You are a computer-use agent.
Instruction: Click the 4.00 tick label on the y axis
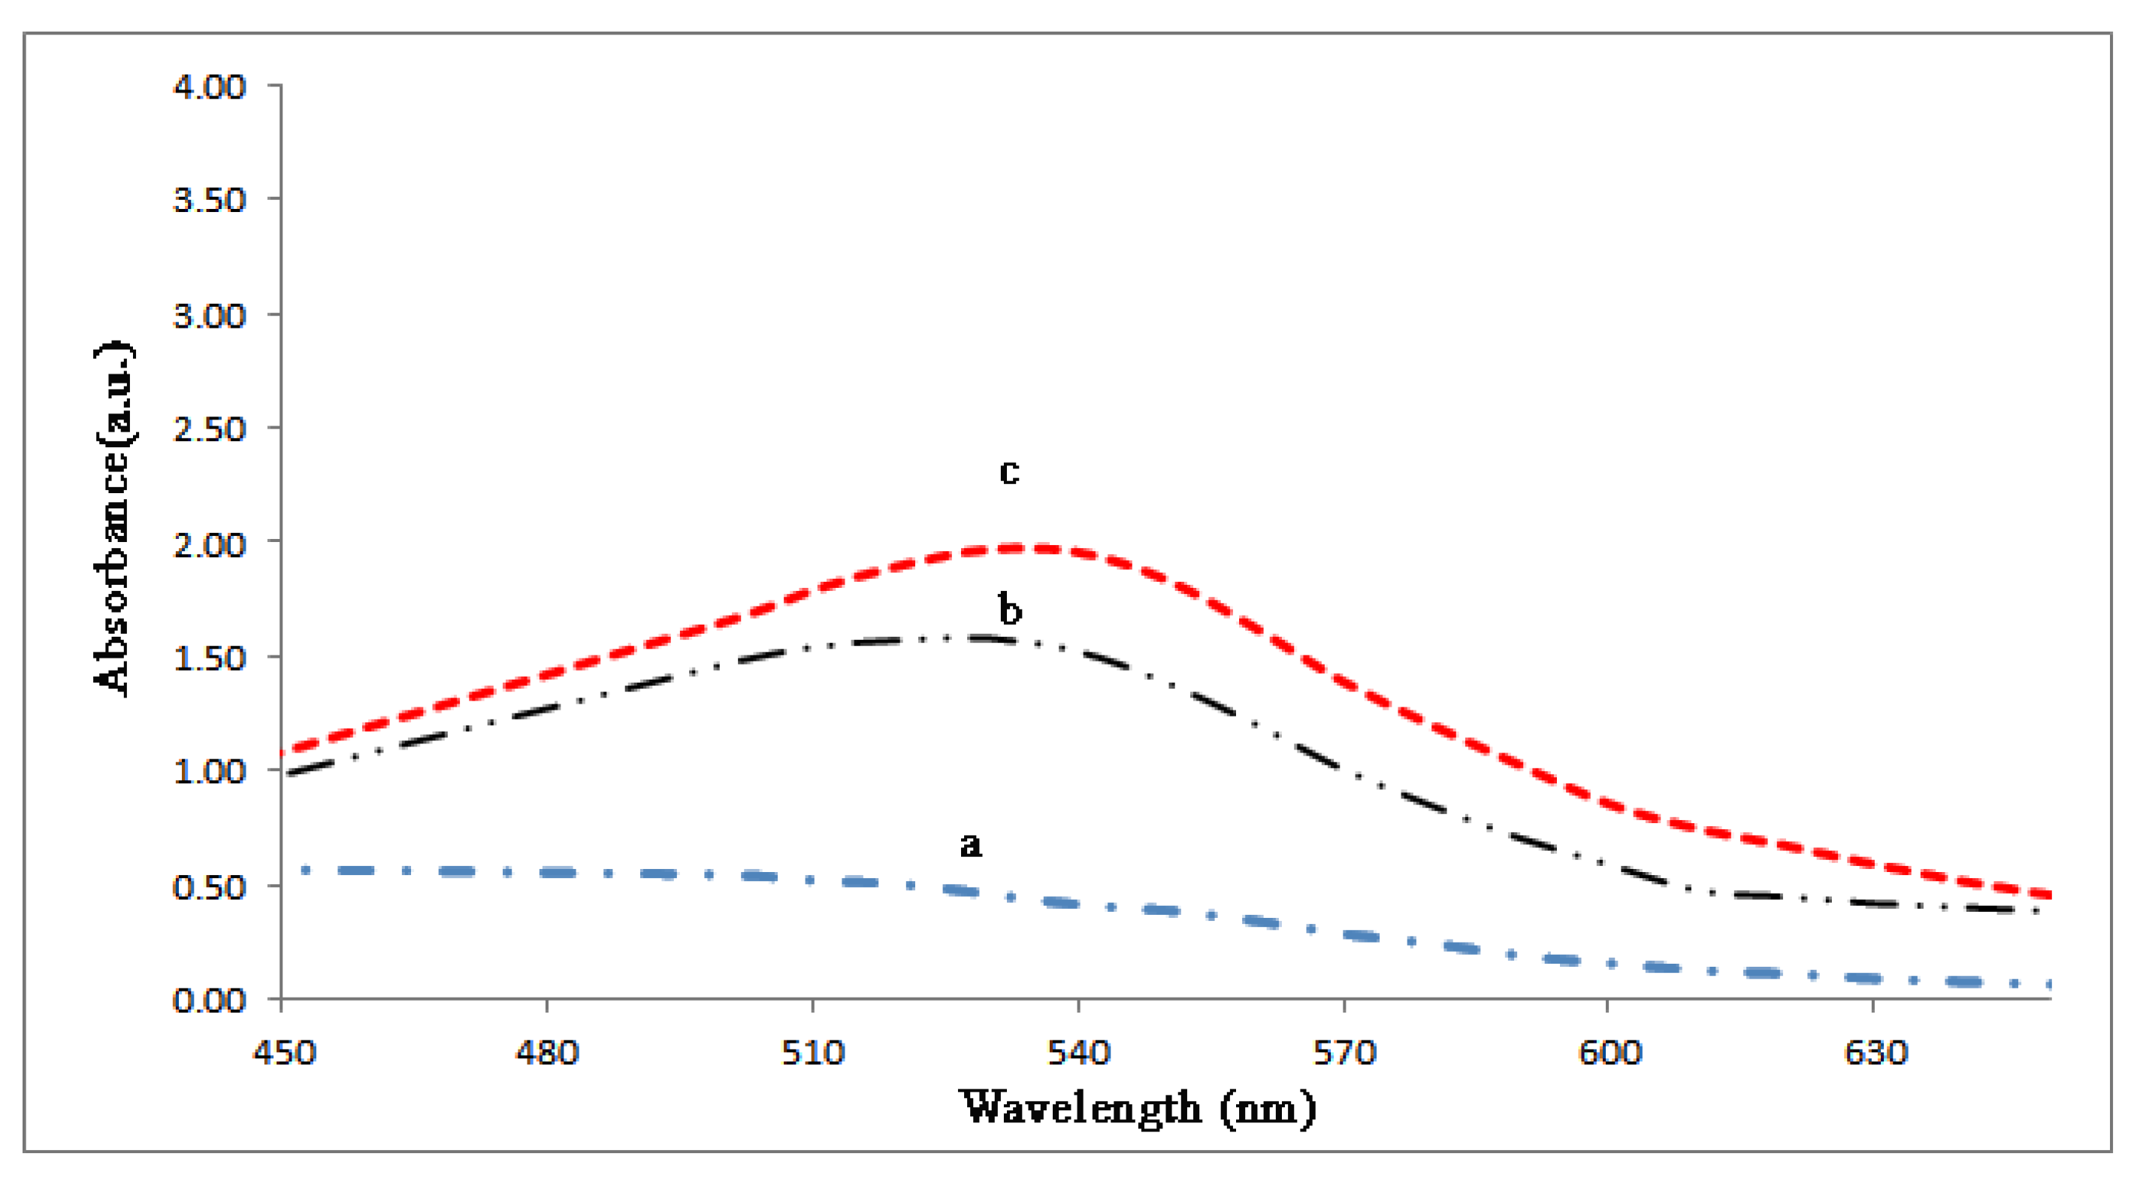(210, 86)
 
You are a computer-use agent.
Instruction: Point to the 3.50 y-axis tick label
(210, 200)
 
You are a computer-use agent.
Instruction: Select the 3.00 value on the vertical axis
(210, 316)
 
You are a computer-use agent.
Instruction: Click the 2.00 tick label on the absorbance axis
(210, 545)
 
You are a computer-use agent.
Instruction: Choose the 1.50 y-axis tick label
(210, 659)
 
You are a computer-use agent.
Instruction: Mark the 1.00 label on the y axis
(210, 772)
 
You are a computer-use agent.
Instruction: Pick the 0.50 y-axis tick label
(210, 887)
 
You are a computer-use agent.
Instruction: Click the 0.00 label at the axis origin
(210, 1001)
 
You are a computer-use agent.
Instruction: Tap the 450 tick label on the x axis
(284, 1053)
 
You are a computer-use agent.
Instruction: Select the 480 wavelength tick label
(546, 1053)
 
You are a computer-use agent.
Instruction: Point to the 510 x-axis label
(812, 1053)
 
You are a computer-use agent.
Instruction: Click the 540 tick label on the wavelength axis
(1078, 1053)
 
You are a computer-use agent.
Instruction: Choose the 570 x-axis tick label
(1344, 1053)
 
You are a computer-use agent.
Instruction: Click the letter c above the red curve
(1008, 472)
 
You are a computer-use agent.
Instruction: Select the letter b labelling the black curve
(1009, 610)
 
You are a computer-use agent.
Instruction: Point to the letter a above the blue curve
(970, 846)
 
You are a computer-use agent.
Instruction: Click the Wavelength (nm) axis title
(1138, 1108)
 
